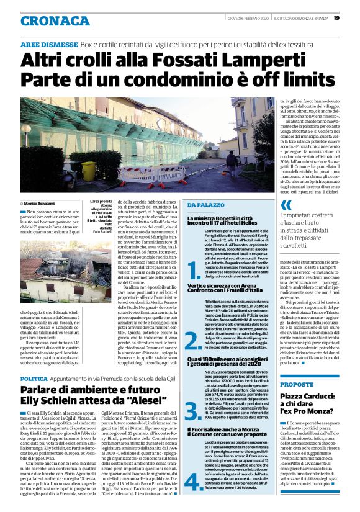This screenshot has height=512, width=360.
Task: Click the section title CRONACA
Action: tap(55, 20)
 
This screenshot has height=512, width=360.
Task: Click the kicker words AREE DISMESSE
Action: tap(49, 45)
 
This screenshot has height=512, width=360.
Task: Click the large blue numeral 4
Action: tap(193, 480)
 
